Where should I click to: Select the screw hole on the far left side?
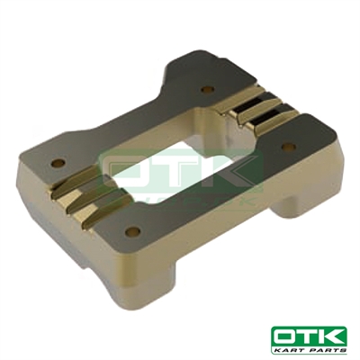[59, 165]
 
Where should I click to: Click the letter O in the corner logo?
[285, 337]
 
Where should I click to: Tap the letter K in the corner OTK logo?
[336, 337]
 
